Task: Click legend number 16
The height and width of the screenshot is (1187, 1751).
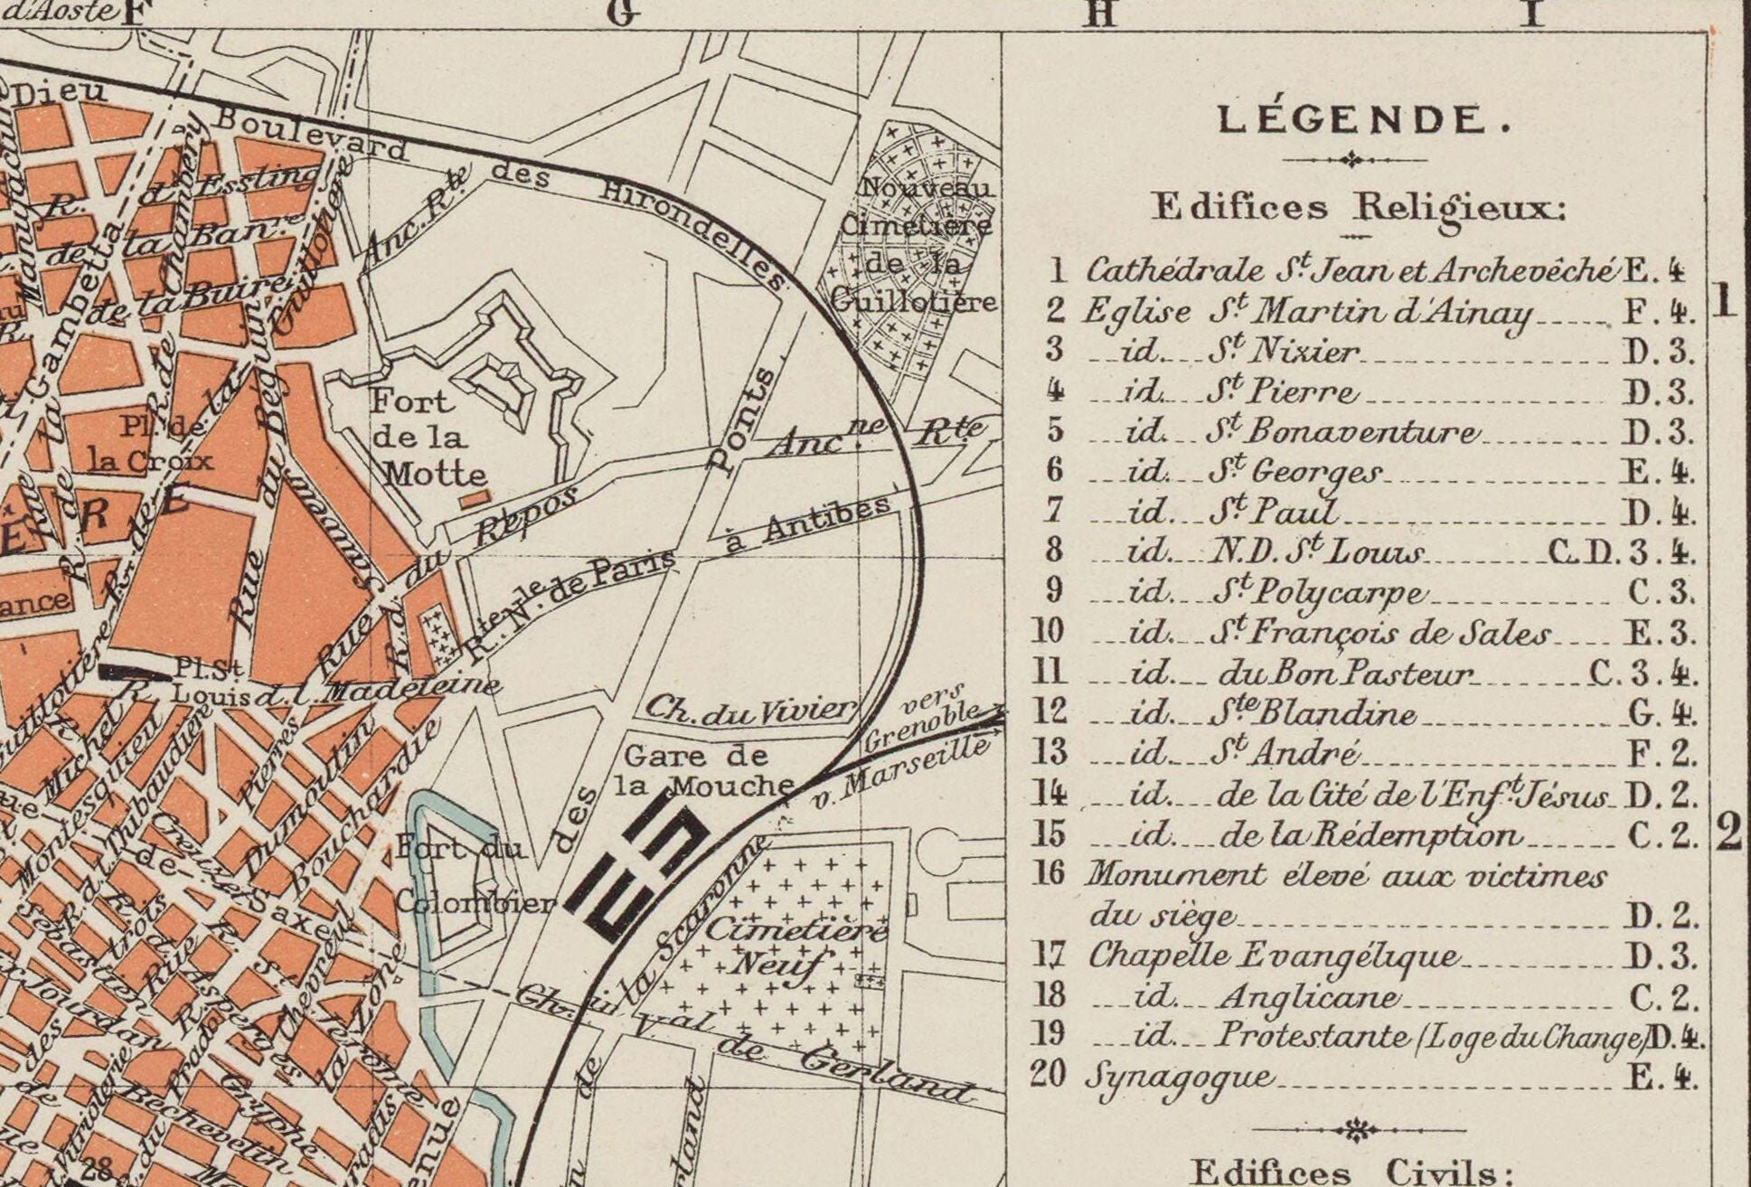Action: coord(1048,874)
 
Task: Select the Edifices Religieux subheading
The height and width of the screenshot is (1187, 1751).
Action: coord(1356,208)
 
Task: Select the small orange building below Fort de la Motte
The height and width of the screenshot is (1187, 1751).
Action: coord(475,496)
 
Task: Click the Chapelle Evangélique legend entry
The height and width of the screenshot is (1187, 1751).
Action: coord(1273,956)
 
